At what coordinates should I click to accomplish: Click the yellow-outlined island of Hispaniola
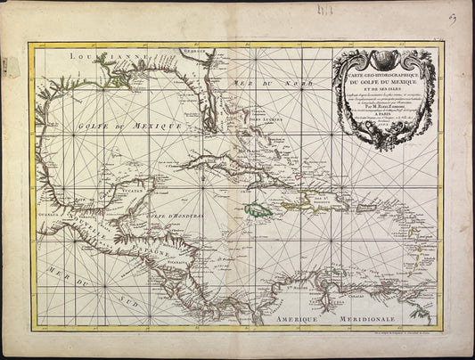pos(311,198)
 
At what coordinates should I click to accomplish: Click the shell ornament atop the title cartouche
pos(384,56)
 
